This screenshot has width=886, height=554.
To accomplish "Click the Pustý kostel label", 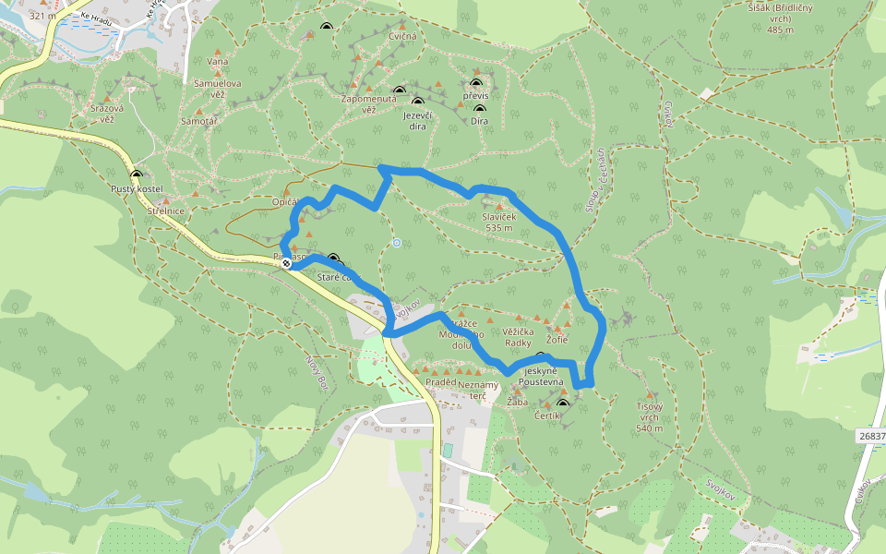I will [137, 189].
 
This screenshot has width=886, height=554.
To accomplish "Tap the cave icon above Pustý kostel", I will [137, 175].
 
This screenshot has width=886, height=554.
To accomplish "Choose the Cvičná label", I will [403, 37].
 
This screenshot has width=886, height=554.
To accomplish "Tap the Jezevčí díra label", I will [418, 120].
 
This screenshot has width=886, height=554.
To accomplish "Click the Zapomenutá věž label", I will [368, 103].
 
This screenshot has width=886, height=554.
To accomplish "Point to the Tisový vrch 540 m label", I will [650, 422].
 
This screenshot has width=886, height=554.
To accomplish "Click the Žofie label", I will [557, 340].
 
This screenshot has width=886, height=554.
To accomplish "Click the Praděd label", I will [441, 382].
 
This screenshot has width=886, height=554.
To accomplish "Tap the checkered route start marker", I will [287, 263].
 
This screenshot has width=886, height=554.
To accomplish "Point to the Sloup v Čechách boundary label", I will [595, 180].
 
